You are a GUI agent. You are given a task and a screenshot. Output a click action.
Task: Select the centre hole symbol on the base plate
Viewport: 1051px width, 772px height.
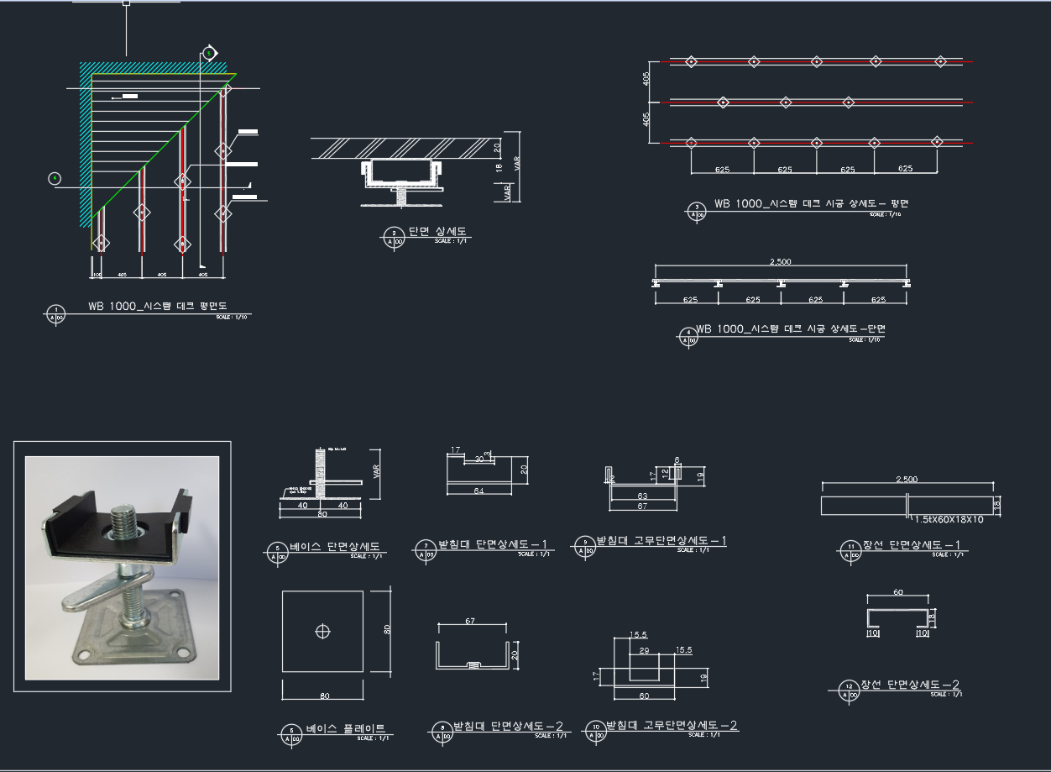pyautogui.click(x=323, y=631)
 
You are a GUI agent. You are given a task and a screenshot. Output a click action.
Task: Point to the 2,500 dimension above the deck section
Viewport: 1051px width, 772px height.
pyautogui.click(x=780, y=262)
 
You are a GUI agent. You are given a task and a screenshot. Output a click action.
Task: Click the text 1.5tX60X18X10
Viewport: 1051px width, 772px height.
pyautogui.click(x=949, y=519)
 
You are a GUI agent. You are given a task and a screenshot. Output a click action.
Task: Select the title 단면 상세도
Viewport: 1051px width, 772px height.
pyautogui.click(x=437, y=232)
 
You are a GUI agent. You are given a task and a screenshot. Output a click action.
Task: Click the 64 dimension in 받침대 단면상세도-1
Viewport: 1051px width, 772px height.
pyautogui.click(x=478, y=491)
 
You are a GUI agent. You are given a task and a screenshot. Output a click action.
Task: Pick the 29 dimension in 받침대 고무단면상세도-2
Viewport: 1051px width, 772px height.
pyautogui.click(x=644, y=650)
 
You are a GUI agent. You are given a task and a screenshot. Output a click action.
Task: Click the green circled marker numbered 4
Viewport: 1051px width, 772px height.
pyautogui.click(x=55, y=177)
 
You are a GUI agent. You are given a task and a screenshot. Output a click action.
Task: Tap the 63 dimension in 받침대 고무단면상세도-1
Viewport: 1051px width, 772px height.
pyautogui.click(x=642, y=496)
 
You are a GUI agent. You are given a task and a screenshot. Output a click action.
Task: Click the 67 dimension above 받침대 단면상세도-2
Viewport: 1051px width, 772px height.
pyautogui.click(x=470, y=622)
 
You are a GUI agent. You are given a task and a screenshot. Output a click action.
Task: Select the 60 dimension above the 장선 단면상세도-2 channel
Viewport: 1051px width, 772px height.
pyautogui.click(x=897, y=593)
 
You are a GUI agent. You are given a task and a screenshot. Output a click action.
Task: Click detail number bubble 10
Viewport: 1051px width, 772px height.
pyautogui.click(x=596, y=728)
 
